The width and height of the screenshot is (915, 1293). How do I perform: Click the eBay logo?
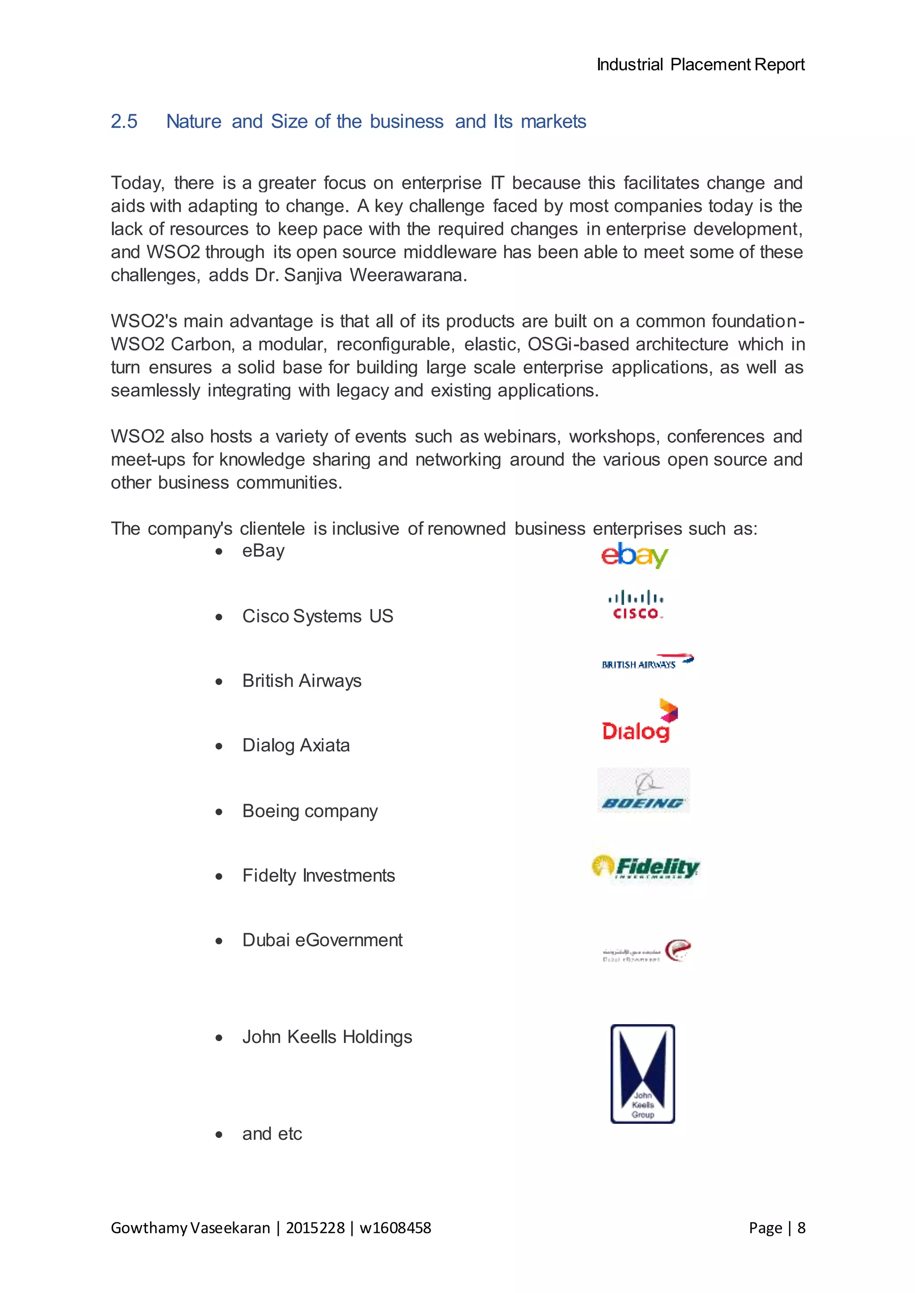coord(634,555)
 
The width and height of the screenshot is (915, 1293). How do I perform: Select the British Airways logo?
coord(647,662)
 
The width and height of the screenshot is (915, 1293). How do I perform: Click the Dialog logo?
coord(639,722)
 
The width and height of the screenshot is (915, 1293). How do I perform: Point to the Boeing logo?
coord(643,791)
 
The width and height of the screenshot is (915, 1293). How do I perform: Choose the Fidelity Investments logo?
coord(646,867)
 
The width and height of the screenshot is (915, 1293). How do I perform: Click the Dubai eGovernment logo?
coord(647,951)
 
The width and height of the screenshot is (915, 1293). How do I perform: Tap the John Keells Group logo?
coord(643,1073)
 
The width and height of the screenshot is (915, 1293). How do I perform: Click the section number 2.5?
coord(124,121)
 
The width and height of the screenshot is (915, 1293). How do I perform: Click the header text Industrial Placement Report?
coord(701,65)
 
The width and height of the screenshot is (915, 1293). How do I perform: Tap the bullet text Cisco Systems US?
coord(317,616)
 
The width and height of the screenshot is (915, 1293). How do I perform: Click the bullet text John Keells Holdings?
coord(327,1037)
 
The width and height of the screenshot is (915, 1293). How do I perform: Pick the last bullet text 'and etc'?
coord(272,1134)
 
